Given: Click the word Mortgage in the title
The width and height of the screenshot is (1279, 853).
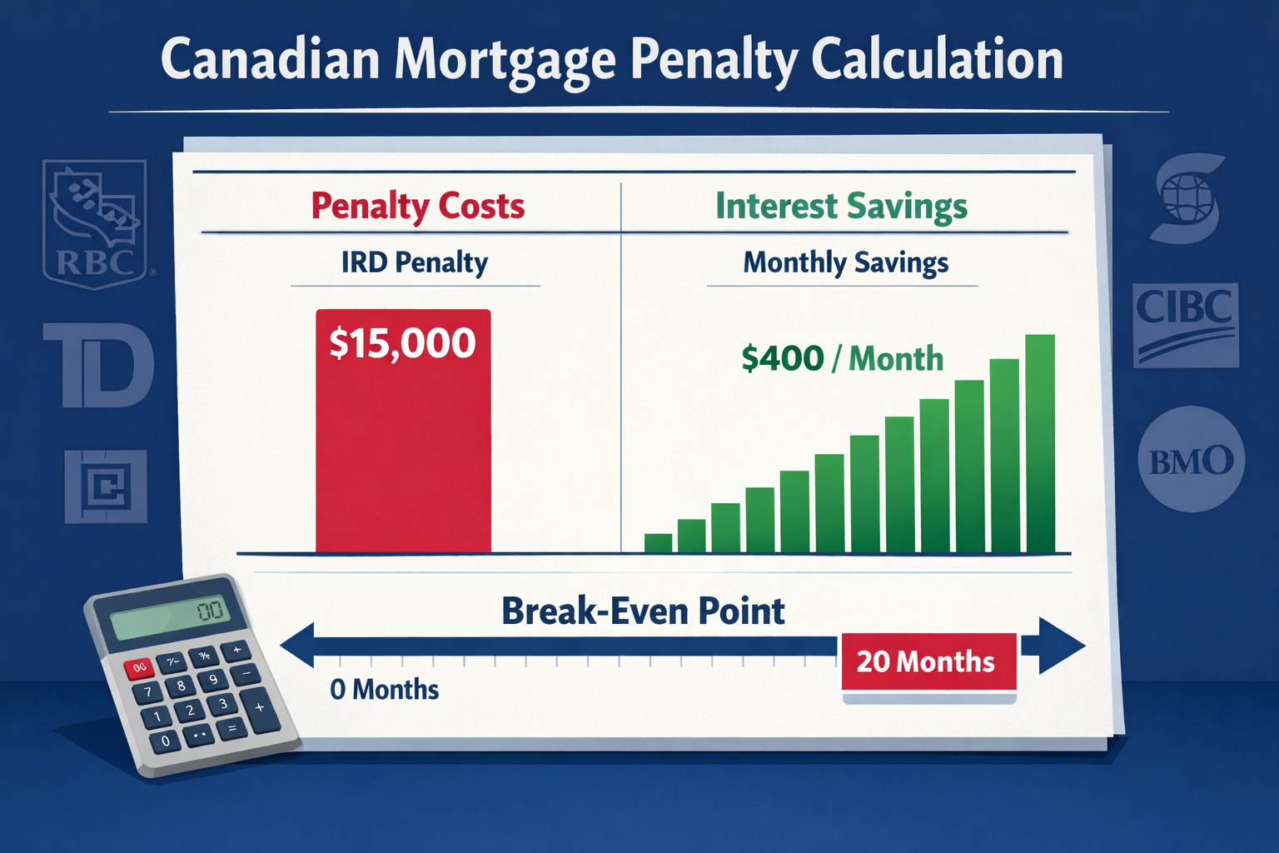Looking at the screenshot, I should click(505, 61).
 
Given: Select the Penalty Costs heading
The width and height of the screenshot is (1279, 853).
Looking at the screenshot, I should click(417, 206).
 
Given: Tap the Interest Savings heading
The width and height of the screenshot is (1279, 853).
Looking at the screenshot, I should click(841, 206).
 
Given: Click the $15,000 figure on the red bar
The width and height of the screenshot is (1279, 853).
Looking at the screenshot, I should click(402, 343).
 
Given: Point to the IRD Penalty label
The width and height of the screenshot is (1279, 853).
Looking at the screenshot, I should click(414, 262).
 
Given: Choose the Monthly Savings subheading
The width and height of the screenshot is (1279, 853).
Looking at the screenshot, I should click(845, 262).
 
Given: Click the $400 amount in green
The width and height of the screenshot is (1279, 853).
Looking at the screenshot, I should click(782, 359).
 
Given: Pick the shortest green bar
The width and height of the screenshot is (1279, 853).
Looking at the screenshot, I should click(658, 543).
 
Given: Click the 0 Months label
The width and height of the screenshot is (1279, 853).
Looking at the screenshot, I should click(384, 690).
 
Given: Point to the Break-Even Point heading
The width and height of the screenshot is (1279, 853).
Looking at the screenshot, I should click(642, 611).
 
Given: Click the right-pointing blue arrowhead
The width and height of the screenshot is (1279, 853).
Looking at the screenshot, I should click(1061, 646).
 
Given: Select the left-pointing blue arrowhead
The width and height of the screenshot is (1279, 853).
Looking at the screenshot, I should click(297, 646).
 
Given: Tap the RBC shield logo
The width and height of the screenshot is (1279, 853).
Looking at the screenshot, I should click(95, 223).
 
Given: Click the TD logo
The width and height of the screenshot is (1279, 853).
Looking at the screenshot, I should click(99, 365).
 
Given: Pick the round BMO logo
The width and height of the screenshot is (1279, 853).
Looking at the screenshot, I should click(1190, 460).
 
